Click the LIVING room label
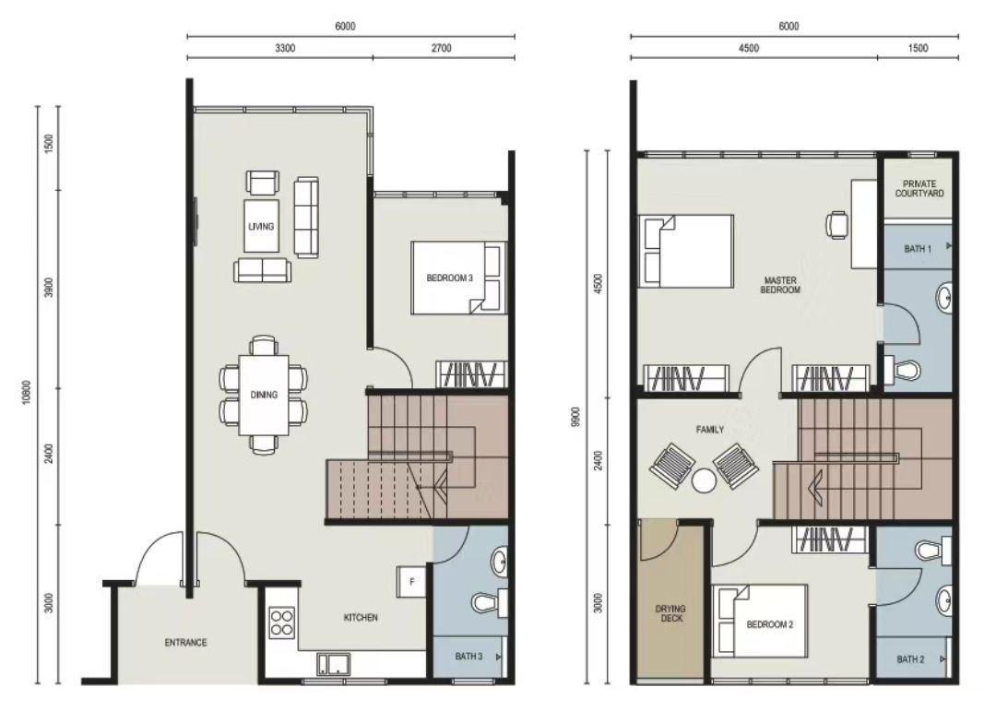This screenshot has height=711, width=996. pyautogui.click(x=261, y=226)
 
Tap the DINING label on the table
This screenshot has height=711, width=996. pyautogui.click(x=264, y=395)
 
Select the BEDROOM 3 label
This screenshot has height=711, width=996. pyautogui.click(x=450, y=278)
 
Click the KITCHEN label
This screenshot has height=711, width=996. pyautogui.click(x=361, y=617)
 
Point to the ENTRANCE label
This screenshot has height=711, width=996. pyautogui.click(x=185, y=643)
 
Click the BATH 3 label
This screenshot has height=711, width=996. pyautogui.click(x=469, y=657)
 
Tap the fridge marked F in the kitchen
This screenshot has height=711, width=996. pyautogui.click(x=411, y=581)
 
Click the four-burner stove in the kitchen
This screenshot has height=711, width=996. pyautogui.click(x=281, y=622)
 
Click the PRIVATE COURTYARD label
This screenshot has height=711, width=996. pyautogui.click(x=919, y=189)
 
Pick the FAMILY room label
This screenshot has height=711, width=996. pyautogui.click(x=710, y=430)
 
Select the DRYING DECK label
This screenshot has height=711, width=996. pyautogui.click(x=670, y=614)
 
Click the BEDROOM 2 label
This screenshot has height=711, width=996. pyautogui.click(x=770, y=624)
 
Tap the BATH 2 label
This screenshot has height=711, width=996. pyautogui.click(x=909, y=659)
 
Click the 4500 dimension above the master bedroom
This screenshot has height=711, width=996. pyautogui.click(x=748, y=49)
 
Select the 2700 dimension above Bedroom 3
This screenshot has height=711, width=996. pyautogui.click(x=441, y=49)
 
